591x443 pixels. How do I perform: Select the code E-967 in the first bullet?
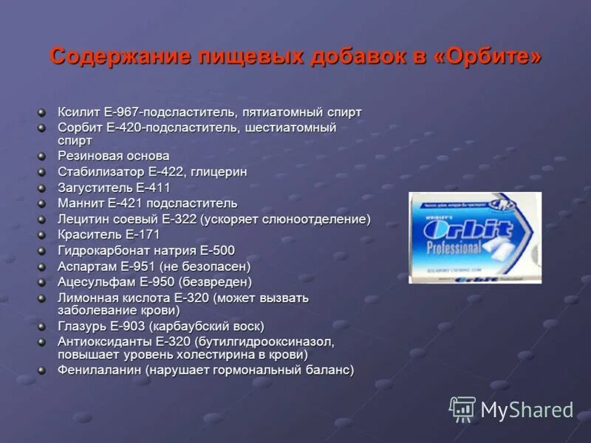[123, 112]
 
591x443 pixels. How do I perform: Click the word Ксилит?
[79, 112]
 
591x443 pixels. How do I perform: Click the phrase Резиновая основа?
[114, 156]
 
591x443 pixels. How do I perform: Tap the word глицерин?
[219, 171]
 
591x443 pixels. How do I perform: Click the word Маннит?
[81, 203]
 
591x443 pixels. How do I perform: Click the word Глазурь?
[82, 326]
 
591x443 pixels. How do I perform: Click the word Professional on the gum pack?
[451, 249]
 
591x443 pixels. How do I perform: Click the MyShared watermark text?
[527, 411]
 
